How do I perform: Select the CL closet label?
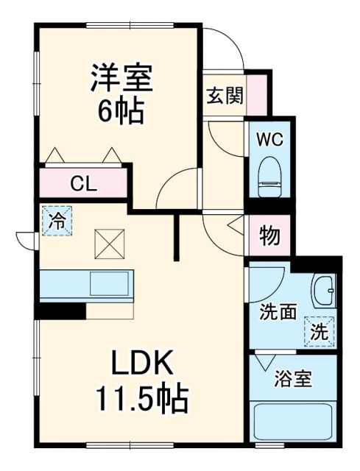[83, 184]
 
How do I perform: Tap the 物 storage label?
[269, 237]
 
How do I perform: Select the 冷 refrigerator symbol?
[57, 220]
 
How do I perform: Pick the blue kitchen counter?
[85, 284]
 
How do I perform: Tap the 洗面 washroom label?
[277, 311]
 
